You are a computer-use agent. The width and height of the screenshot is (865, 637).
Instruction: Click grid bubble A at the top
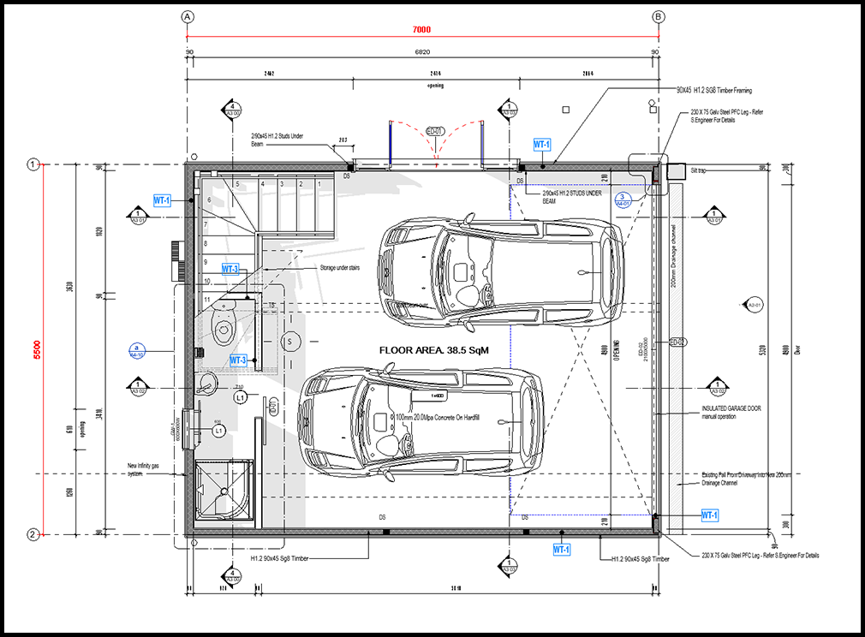coord(188,16)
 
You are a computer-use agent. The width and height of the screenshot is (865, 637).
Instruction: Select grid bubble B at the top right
coord(658,16)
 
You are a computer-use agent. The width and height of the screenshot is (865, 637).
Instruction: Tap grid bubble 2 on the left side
coord(33,534)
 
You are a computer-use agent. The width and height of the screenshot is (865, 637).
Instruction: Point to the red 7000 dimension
coord(421,30)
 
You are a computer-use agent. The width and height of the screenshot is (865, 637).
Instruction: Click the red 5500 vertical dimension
coord(38,349)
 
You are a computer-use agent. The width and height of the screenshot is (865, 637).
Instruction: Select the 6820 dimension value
coord(421,53)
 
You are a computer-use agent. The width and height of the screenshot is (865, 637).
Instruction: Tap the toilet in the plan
coord(222,324)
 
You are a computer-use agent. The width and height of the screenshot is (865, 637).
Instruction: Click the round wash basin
coord(207,384)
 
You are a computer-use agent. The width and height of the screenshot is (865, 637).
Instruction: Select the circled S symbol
coord(289,342)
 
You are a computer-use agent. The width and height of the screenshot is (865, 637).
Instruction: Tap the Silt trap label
coord(701,170)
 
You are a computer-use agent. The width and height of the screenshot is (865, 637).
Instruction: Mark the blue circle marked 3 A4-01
coord(626,200)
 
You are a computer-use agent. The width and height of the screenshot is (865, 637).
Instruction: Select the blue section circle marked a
coord(135,350)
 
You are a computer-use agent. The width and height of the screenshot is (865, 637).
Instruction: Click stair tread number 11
coord(206,298)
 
